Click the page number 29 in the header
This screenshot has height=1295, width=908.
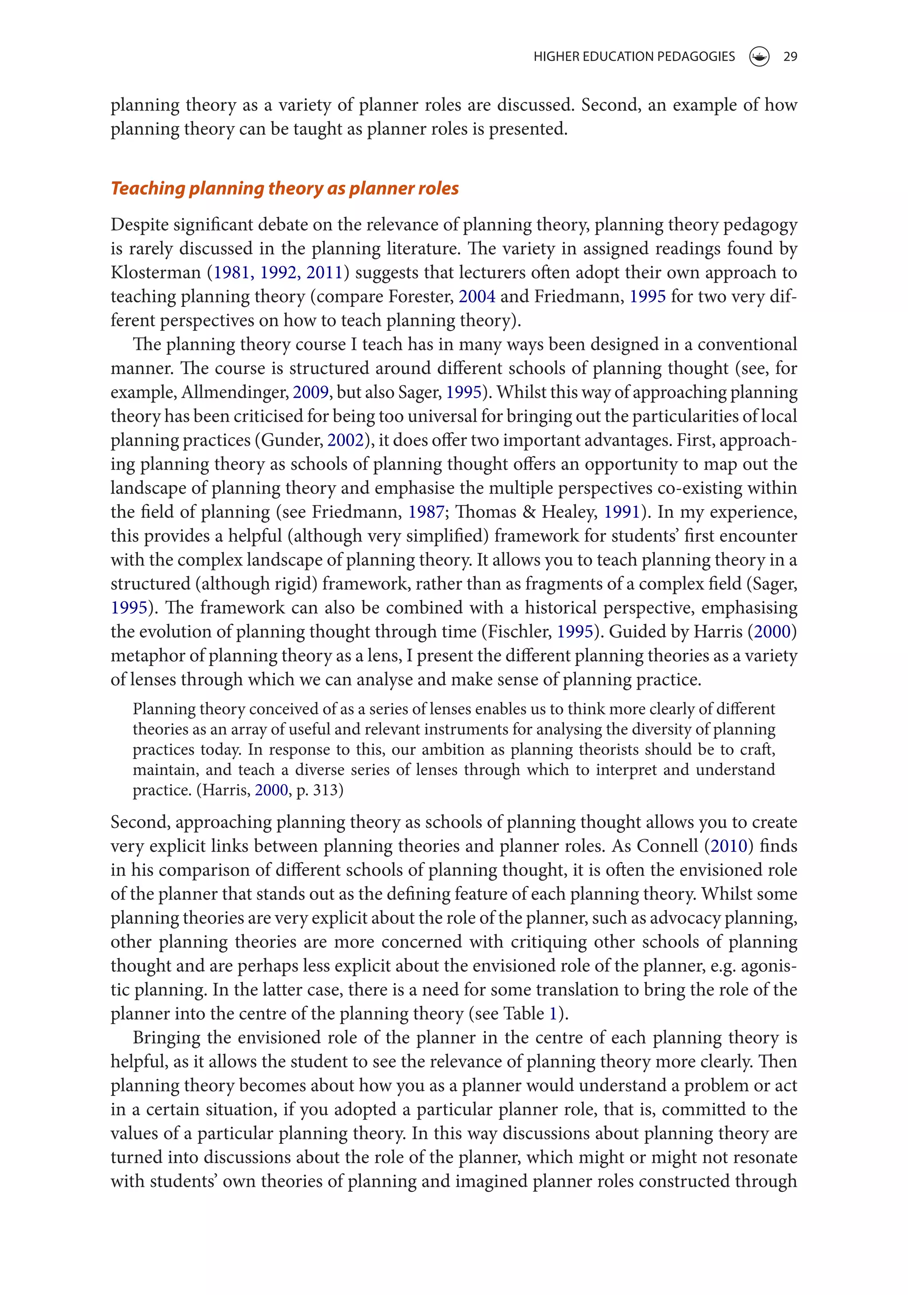click(790, 56)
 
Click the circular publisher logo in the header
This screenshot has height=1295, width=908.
click(759, 56)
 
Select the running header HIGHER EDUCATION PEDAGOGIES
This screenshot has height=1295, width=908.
click(634, 56)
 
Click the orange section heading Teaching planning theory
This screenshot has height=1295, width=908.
click(284, 188)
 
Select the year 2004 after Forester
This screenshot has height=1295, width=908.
click(477, 297)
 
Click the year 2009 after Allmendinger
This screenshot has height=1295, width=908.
click(311, 392)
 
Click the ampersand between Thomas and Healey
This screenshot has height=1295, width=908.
click(529, 512)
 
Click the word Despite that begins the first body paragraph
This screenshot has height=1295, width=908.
click(139, 224)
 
